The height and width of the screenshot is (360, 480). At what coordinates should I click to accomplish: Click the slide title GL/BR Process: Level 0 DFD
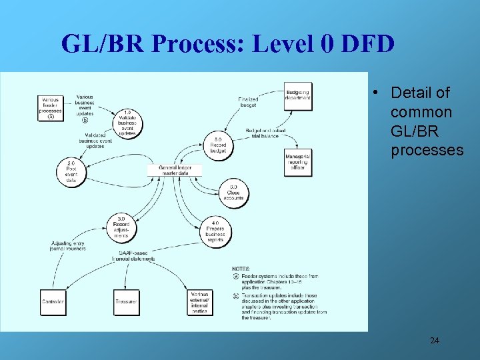227,44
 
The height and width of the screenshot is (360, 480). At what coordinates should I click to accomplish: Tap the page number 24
434,341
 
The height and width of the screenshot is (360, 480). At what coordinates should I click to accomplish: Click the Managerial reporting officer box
297,161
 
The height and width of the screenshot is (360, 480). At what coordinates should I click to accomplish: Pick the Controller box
53,302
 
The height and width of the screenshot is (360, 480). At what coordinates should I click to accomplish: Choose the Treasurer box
126,302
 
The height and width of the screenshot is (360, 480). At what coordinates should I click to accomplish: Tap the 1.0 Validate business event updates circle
127,123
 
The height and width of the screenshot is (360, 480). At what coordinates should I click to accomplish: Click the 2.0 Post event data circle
71,171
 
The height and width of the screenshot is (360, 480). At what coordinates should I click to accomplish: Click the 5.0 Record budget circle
218,145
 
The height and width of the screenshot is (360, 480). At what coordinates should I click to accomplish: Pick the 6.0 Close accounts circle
233,193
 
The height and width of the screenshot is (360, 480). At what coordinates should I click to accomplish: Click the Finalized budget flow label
248,102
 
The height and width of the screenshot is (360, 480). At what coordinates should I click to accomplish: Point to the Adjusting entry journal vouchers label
69,246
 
